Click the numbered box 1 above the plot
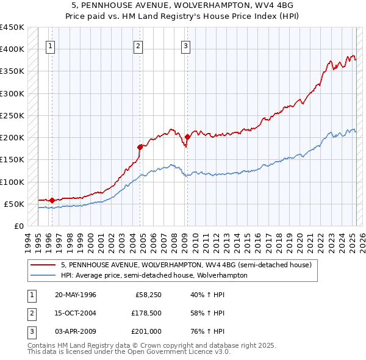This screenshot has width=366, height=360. pos(49,45)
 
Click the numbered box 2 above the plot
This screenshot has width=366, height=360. pos(138,45)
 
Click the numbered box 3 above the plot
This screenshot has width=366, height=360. pos(185,45)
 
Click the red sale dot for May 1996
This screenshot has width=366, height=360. pos(52,200)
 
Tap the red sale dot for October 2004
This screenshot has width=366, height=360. pos(140,146)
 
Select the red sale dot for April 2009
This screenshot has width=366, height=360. pos(187,137)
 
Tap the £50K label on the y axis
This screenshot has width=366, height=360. pos(15,204)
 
